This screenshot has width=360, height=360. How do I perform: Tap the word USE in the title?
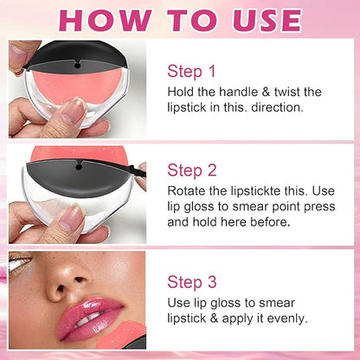(267, 21)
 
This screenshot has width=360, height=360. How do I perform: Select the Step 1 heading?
(191, 71)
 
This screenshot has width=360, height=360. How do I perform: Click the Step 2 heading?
(191, 170)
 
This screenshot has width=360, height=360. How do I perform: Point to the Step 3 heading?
(191, 282)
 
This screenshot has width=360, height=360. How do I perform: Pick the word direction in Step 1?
(278, 107)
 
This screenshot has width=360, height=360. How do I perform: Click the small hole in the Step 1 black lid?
(77, 66)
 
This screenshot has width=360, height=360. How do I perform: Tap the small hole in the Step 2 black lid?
(79, 166)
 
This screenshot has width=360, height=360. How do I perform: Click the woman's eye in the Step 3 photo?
(20, 260)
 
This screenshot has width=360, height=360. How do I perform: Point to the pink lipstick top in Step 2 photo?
(78, 154)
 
